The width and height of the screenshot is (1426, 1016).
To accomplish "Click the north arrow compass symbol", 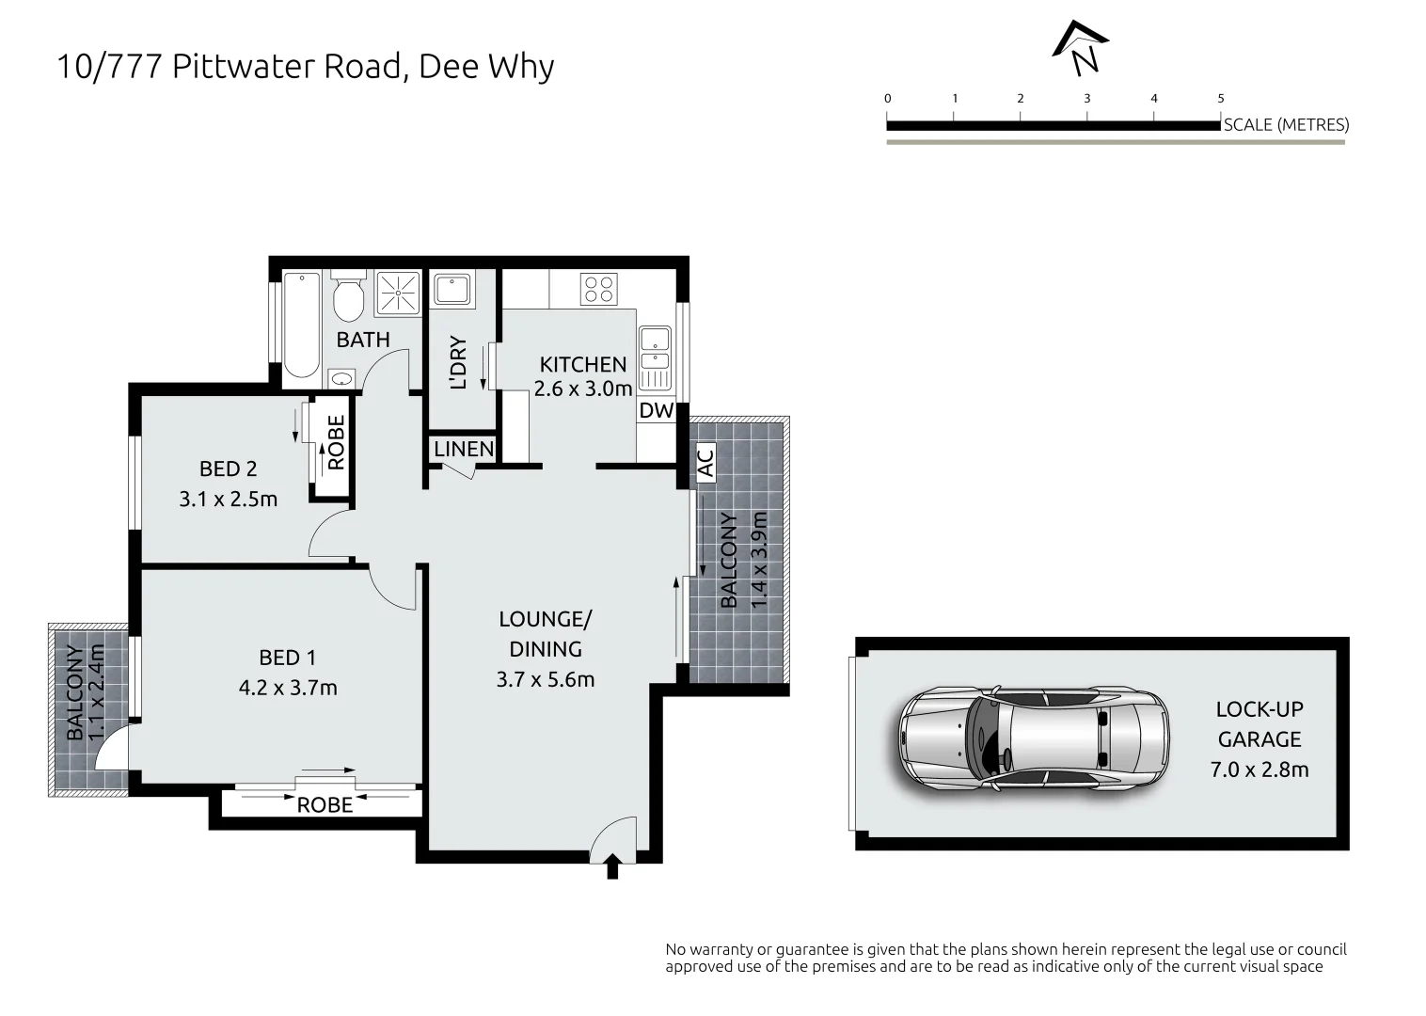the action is coord(1081,48).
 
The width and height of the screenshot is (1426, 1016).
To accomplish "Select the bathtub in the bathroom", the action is coord(302,325).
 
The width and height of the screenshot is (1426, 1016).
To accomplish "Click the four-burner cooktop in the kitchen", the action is coord(598,289).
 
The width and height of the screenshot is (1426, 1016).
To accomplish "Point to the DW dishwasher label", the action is coord(657,410).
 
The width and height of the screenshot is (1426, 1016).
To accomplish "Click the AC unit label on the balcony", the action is coord(706,463).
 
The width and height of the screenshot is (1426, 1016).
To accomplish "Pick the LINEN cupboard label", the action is coord(464,450).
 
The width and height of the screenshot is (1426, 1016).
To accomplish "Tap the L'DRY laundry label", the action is coord(458,362).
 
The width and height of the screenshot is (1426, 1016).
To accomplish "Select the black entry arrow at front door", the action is coord(612,866).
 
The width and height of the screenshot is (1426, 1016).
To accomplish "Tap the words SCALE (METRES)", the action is coord(1286,125).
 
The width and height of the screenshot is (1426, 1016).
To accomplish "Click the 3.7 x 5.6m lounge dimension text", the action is coord(546,680).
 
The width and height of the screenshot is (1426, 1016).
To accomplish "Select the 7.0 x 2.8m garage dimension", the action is coord(1260,770).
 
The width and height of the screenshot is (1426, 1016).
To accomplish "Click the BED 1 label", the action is coord(287,658).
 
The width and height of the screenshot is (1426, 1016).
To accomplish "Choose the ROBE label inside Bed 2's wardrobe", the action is coord(336,442).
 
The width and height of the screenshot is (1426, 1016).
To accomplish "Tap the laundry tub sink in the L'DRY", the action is coord(452,290).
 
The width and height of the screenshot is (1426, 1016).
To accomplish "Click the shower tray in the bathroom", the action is coord(398,294).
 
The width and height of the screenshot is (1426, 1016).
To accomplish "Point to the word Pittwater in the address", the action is coord(244,66).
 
